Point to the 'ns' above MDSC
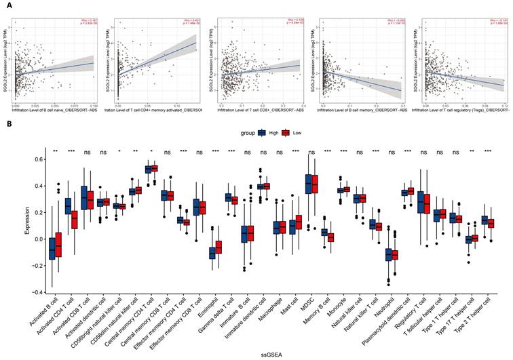pyautogui.click(x=310, y=151)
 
